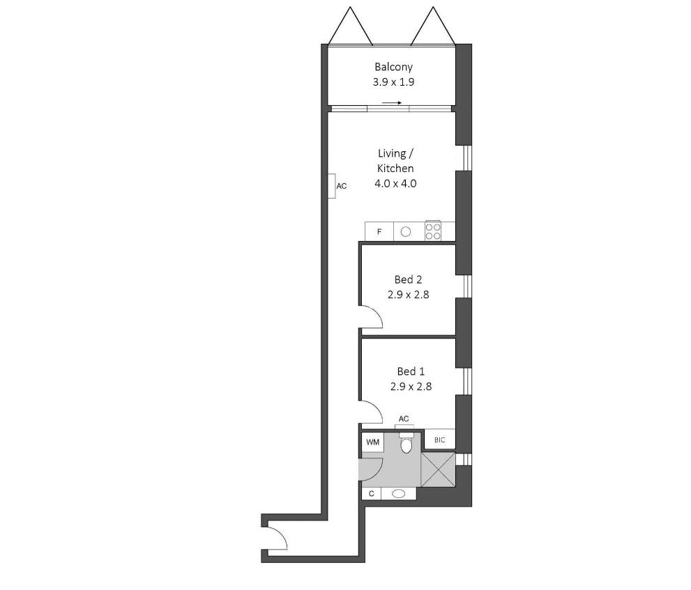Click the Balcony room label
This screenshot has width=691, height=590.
click(x=393, y=67)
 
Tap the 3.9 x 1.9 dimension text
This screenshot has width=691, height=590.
click(x=393, y=82)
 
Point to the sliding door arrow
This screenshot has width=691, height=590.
click(x=392, y=103)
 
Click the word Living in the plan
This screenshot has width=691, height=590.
click(x=392, y=153)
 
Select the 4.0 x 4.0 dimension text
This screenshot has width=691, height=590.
click(x=395, y=184)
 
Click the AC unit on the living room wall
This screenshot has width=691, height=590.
click(x=332, y=186)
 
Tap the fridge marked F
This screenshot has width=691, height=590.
click(x=379, y=231)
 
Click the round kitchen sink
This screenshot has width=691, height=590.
click(x=406, y=231)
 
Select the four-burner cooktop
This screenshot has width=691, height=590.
click(x=433, y=231)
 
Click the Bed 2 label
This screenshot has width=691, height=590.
click(x=408, y=279)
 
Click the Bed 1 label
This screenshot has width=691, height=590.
click(x=411, y=371)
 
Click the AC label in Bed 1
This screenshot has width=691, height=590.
click(x=404, y=419)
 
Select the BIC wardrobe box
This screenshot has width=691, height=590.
click(x=439, y=440)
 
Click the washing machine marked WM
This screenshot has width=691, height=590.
click(x=373, y=442)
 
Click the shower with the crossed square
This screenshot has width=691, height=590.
click(x=438, y=469)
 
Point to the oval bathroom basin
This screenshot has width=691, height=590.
click(x=398, y=494)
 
